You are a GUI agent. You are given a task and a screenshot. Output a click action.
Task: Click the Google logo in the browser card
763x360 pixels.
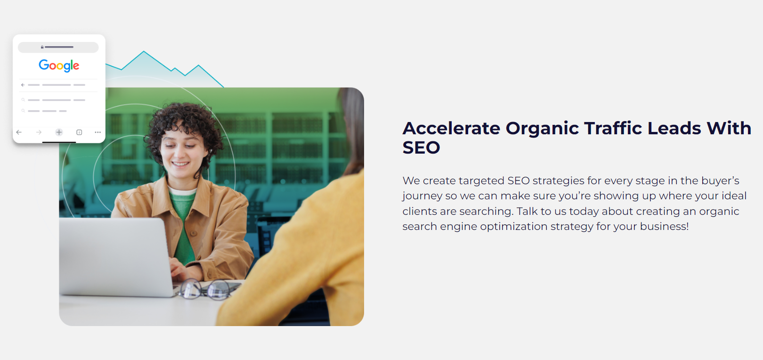59,65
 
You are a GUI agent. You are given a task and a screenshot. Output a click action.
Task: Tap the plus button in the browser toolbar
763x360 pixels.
59,132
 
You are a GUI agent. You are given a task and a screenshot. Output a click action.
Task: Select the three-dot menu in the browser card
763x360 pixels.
98,132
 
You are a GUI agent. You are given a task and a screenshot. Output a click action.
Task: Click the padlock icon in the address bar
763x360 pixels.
42,47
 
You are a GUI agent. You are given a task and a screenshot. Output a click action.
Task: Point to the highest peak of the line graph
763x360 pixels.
144,51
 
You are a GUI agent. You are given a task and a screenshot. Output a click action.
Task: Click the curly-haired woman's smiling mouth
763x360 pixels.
180,164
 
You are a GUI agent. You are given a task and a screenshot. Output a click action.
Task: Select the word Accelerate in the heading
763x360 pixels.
451,129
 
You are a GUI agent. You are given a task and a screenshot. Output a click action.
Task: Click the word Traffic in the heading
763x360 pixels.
613,129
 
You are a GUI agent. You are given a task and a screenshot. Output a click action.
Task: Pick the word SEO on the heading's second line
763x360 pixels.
422,147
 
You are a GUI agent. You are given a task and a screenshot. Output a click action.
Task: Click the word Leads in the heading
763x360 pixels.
674,129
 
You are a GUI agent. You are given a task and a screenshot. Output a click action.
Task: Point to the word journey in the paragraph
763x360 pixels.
422,196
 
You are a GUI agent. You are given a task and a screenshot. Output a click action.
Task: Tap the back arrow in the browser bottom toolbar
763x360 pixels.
19,132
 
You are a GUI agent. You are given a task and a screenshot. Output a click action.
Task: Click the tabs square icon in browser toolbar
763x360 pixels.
79,132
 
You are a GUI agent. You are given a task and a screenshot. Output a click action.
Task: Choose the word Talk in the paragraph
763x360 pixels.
528,211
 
